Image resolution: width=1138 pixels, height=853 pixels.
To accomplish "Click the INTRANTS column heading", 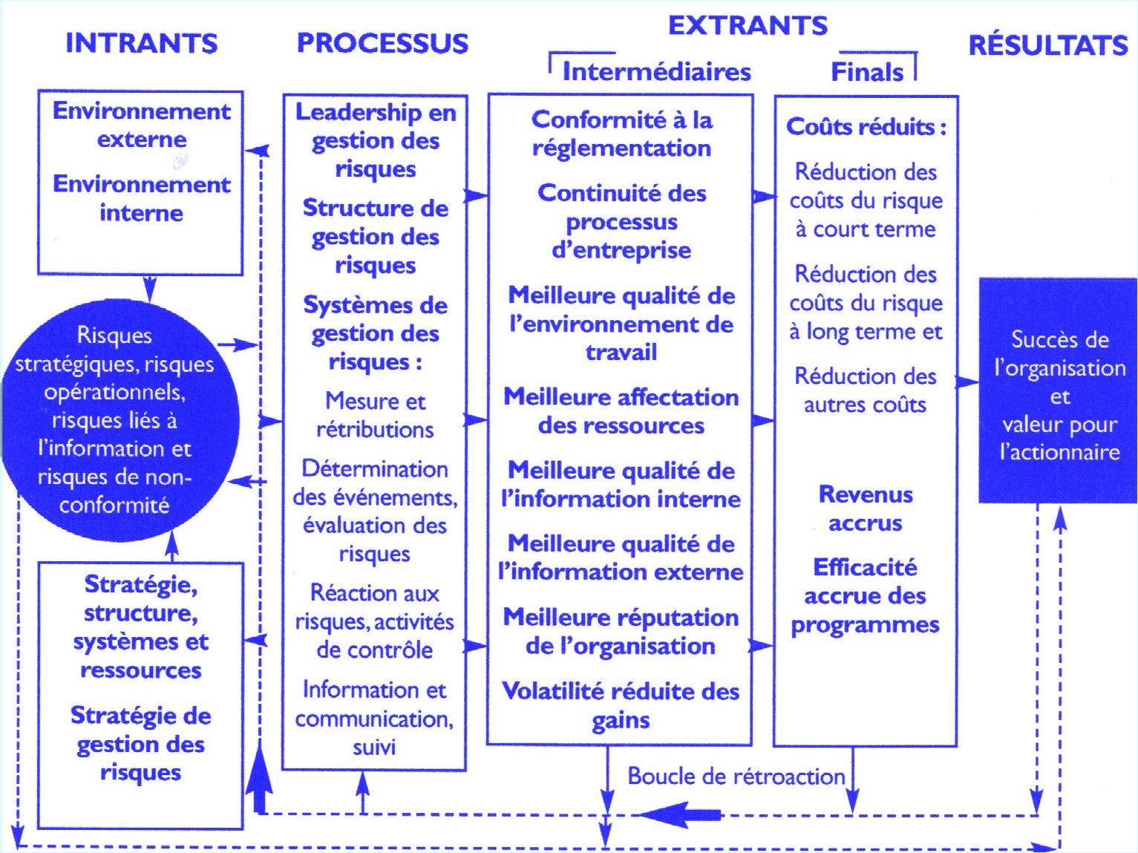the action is (142, 43).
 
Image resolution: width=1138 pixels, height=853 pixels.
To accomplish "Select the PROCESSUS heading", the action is (382, 43).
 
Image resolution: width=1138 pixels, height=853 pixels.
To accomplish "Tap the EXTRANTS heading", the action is (748, 25).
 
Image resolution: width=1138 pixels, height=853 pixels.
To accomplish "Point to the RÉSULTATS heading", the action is (1048, 45).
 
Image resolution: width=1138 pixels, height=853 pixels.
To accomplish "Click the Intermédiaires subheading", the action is (657, 71).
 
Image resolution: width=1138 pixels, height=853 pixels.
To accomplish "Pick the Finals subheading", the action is (867, 72).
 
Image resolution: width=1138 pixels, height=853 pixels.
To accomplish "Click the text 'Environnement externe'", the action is (142, 125).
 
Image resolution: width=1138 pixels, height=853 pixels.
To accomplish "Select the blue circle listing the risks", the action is (120, 420).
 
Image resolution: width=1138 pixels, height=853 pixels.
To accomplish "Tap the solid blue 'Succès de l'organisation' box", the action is (1058, 390).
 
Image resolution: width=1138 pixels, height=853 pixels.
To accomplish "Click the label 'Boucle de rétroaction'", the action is (736, 777).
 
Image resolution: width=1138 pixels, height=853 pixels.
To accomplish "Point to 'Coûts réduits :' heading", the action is (866, 126).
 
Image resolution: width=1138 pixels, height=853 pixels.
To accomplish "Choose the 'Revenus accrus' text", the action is (866, 509).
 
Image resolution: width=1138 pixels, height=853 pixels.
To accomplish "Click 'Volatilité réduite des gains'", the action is (621, 706).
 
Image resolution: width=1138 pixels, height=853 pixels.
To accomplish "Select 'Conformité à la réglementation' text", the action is (621, 134).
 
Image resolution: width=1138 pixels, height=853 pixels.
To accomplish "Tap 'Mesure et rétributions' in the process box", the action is (376, 415).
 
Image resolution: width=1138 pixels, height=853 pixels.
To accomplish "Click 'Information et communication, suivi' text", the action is (374, 719).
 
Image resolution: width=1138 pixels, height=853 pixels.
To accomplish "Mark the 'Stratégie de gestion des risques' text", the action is (141, 744).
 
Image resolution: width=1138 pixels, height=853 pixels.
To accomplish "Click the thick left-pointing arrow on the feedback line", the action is (680, 814).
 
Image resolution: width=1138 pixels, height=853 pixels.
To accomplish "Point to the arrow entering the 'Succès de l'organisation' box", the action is (967, 382).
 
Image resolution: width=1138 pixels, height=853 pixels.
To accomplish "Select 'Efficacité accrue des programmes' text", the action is (866, 596).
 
